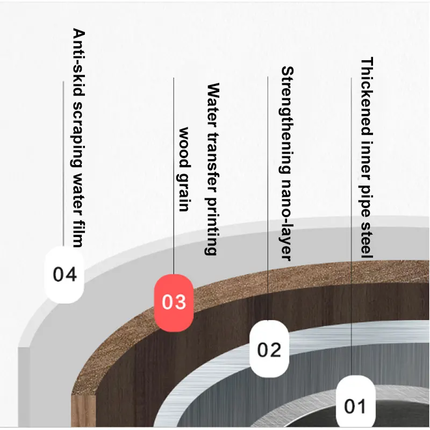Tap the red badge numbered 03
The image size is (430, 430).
point(174,302)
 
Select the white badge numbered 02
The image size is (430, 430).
point(269,349)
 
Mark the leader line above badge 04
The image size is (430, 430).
point(63,161)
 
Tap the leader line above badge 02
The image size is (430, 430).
point(268,199)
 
